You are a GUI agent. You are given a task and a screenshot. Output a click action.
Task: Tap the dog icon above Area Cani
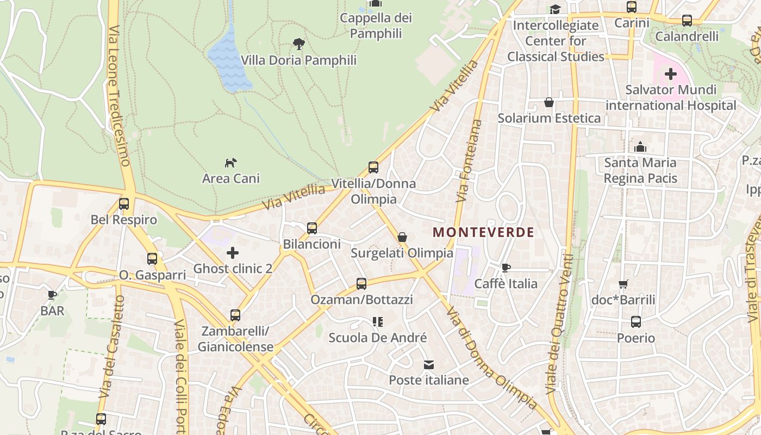coord(231,163)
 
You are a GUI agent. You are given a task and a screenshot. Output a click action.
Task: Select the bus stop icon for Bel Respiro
coord(124,204)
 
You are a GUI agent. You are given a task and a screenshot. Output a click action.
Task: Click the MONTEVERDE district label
coord(483,233)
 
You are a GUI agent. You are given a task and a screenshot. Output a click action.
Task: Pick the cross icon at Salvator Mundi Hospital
coord(671,73)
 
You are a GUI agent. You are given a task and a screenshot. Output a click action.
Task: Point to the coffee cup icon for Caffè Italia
coord(506,268)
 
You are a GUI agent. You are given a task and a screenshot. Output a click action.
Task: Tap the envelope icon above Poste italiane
coord(429,364)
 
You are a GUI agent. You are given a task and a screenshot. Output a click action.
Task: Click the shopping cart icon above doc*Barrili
coord(623,284)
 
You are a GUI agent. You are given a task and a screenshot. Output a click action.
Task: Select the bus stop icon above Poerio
coord(636,322)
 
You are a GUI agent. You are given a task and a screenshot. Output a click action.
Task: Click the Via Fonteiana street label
coord(470,160)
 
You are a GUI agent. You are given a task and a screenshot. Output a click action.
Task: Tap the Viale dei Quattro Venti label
coord(560,324)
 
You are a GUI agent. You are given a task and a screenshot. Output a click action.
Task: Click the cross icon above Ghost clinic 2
coord(233,253)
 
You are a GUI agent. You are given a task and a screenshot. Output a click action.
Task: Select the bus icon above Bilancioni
coord(312,228)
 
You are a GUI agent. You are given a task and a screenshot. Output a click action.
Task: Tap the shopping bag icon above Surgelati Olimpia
coord(402,237)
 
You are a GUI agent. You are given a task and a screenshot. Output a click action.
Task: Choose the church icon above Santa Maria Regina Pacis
coord(640,147)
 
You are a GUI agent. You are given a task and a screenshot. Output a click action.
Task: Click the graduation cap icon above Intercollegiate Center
coord(555,9)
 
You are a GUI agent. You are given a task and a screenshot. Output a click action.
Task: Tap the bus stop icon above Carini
coord(632,7)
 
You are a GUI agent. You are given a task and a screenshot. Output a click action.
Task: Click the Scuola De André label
coord(378,338)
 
